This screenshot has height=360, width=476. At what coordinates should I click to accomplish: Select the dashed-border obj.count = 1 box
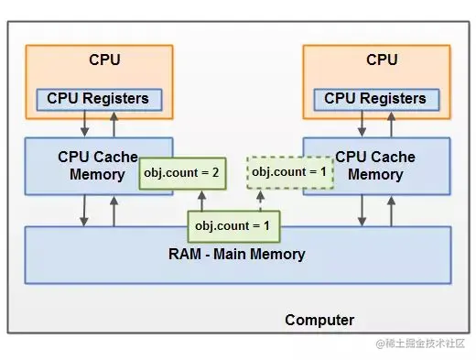click(x=289, y=172)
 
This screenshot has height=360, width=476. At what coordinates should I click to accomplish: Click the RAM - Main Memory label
click(x=238, y=254)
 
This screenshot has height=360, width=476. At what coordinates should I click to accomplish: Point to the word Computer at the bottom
click(x=319, y=320)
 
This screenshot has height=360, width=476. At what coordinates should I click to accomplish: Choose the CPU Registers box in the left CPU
click(x=98, y=98)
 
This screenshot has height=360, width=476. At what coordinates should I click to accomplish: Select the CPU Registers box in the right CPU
click(x=375, y=98)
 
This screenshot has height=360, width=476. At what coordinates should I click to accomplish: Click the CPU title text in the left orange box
click(x=104, y=60)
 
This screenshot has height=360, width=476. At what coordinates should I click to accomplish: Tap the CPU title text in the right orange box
click(x=382, y=60)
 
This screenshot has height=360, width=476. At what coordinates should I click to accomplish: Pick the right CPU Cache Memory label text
click(x=375, y=165)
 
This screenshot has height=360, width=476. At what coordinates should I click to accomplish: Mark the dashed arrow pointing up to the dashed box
click(x=258, y=200)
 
